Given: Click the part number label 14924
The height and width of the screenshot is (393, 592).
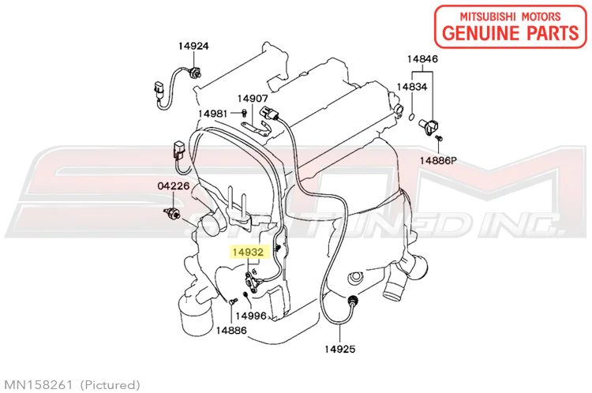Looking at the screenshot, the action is pyautogui.click(x=193, y=46).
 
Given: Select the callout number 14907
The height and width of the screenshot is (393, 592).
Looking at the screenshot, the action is pyautogui.click(x=253, y=99).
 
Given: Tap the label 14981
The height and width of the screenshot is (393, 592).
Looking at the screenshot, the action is pyautogui.click(x=213, y=114).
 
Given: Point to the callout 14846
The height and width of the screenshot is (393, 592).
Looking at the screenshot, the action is pyautogui.click(x=422, y=59).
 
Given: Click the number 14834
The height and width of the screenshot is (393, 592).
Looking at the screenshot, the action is pyautogui.click(x=412, y=87).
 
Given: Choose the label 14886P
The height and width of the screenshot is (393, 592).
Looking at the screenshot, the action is pyautogui.click(x=438, y=161).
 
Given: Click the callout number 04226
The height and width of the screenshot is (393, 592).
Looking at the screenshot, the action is pyautogui.click(x=174, y=185).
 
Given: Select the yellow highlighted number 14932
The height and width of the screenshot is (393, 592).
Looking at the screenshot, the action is pyautogui.click(x=248, y=252).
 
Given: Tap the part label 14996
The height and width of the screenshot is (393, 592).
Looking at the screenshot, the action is pyautogui.click(x=251, y=316).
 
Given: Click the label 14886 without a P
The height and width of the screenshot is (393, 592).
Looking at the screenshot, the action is pyautogui.click(x=231, y=331).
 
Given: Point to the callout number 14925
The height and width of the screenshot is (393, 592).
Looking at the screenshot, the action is pyautogui.click(x=339, y=350).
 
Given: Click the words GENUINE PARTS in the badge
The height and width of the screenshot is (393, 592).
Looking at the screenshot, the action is pyautogui.click(x=511, y=33).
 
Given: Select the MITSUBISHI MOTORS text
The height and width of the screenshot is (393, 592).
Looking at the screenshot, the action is pyautogui.click(x=510, y=17).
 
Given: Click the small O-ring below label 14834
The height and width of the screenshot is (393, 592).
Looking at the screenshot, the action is pyautogui.click(x=412, y=117).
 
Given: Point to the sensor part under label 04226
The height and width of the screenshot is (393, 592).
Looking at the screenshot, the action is pyautogui.click(x=172, y=213).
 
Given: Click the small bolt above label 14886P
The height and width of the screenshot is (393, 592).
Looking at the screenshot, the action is pyautogui.click(x=439, y=138).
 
